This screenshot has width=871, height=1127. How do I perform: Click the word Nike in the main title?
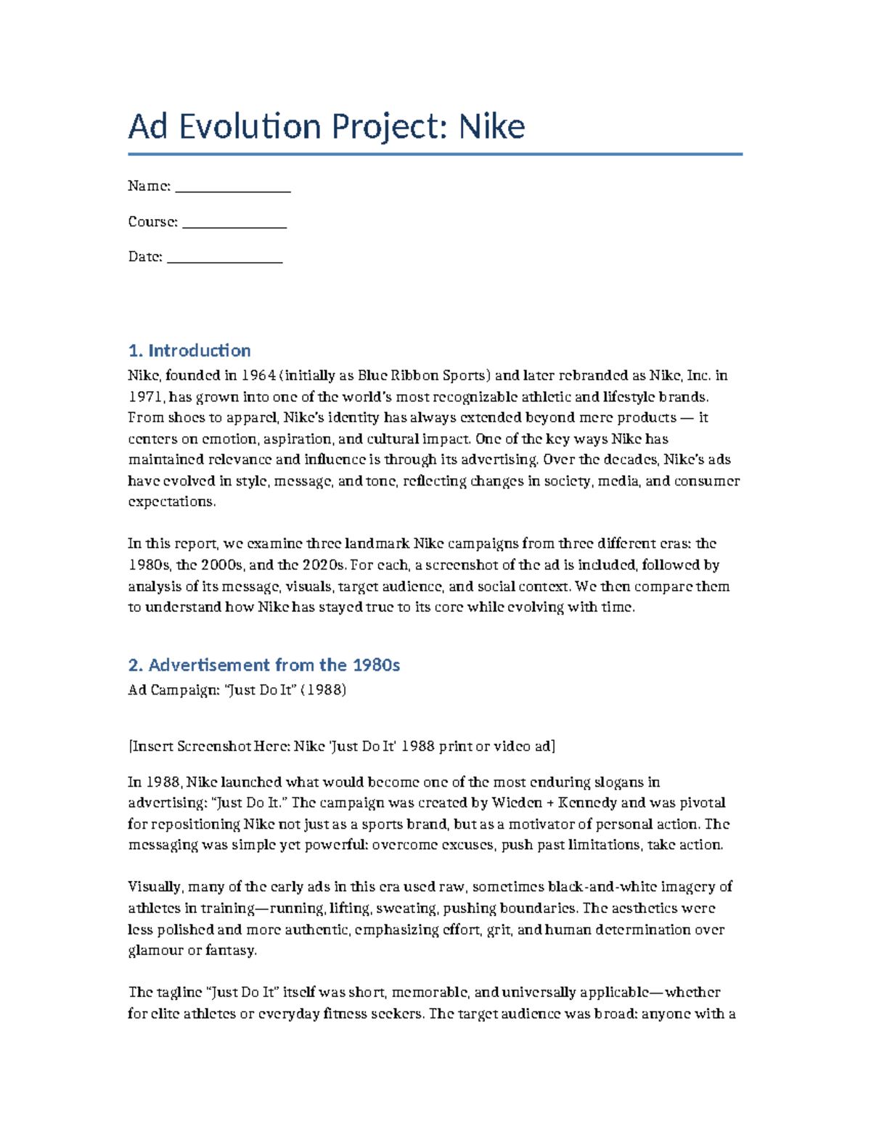point(491,127)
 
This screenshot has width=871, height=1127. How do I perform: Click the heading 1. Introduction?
point(189,351)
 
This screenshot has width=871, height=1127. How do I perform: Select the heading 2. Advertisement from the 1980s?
point(263,665)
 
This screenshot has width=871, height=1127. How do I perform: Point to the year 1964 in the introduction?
point(258,376)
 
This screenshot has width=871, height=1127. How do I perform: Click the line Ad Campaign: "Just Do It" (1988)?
point(237,689)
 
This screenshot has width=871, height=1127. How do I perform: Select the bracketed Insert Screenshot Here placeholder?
point(341,746)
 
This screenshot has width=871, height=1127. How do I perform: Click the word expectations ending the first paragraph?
point(171,501)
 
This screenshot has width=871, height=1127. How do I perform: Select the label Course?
point(152,222)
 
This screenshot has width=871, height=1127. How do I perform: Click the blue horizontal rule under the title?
point(435,154)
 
